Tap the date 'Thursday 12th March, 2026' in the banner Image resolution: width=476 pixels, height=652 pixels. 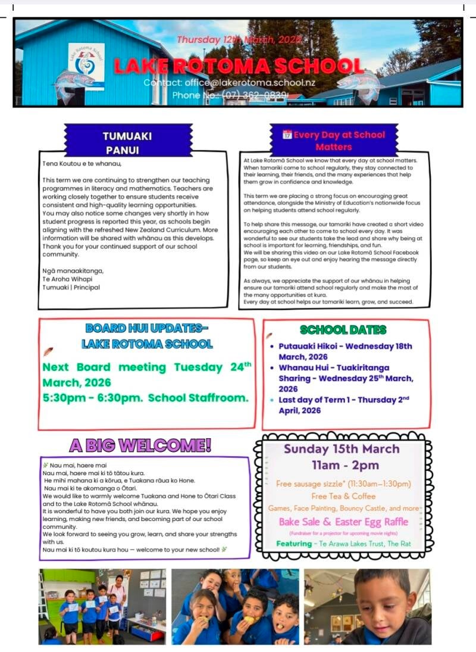tap(239, 40)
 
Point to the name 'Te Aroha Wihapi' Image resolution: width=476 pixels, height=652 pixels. tap(68, 279)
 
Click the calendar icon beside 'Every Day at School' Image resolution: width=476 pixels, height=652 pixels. tap(287, 135)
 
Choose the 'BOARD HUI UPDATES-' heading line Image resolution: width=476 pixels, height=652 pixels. tap(147, 328)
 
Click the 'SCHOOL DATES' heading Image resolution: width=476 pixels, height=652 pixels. tap(343, 330)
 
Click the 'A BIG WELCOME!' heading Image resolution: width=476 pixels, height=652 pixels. tap(140, 445)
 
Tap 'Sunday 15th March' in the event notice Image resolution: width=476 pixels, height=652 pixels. tap(342, 449)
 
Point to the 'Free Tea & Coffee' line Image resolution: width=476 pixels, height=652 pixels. tap(343, 496)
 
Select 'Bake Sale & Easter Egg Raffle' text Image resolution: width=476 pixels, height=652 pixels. tap(344, 522)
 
